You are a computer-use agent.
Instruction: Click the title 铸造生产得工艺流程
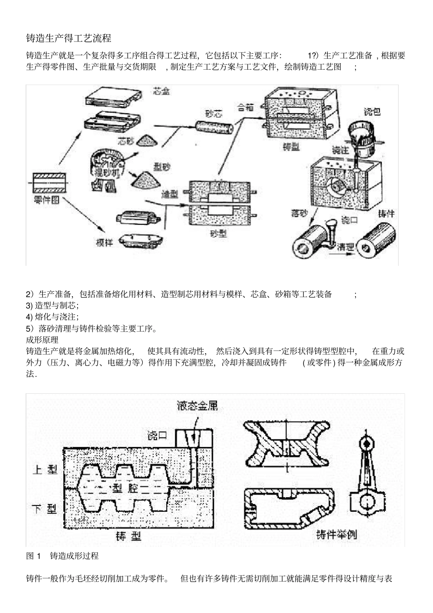69,37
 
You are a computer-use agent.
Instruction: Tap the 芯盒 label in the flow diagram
161,92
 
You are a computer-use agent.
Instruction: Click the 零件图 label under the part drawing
47,201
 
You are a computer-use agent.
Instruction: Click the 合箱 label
246,108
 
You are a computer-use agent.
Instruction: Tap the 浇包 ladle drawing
361,135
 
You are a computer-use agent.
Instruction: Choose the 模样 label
104,243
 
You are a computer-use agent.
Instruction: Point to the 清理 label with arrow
345,248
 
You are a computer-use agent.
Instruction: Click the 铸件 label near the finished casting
386,213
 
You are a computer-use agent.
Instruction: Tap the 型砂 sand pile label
161,167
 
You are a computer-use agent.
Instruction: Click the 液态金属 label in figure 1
197,406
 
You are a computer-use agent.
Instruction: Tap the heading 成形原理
42,340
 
